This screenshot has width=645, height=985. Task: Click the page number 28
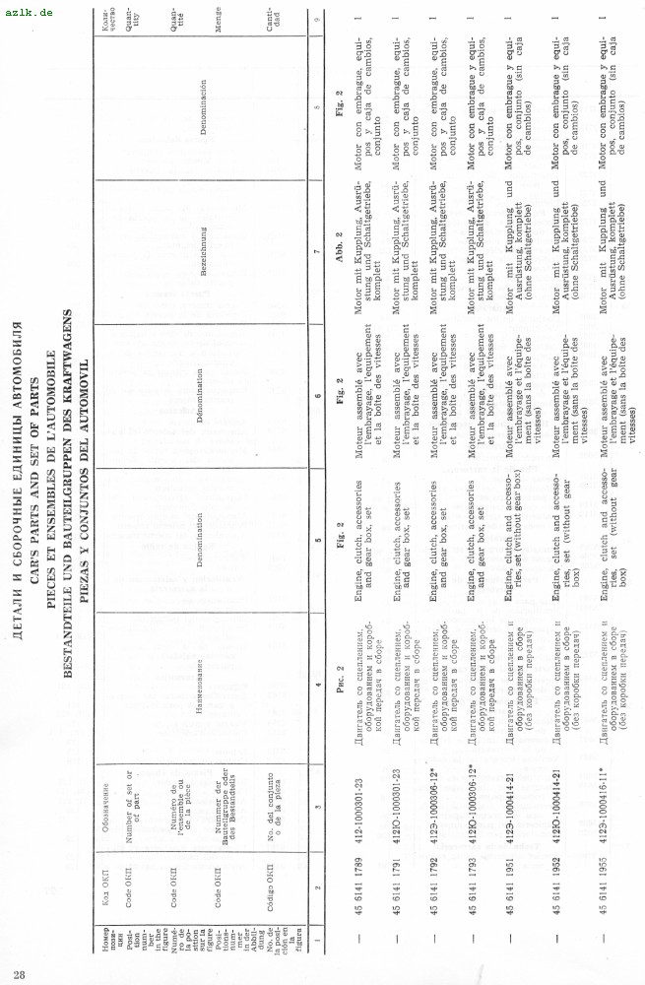coord(20,974)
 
